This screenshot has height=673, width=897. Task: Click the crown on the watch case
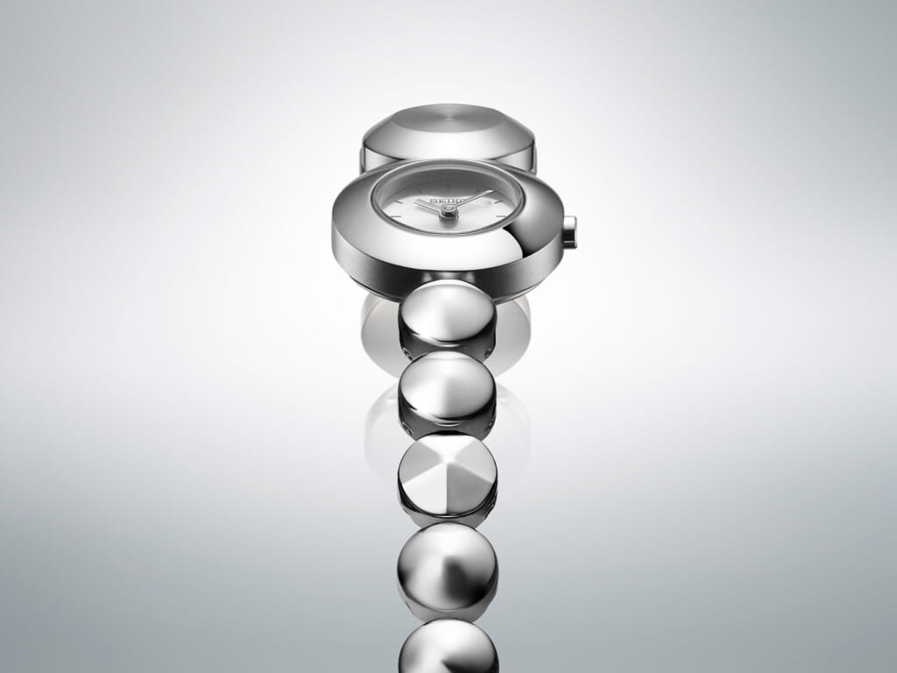click(570, 231)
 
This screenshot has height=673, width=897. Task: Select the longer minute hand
click(471, 202)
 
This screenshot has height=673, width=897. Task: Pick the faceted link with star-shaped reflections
click(448, 479)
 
